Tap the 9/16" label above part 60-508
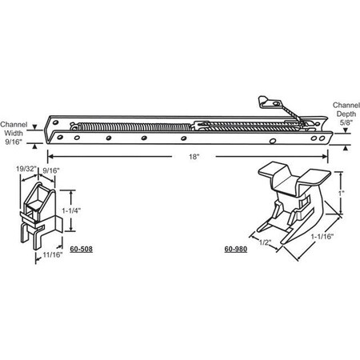(51, 170)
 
